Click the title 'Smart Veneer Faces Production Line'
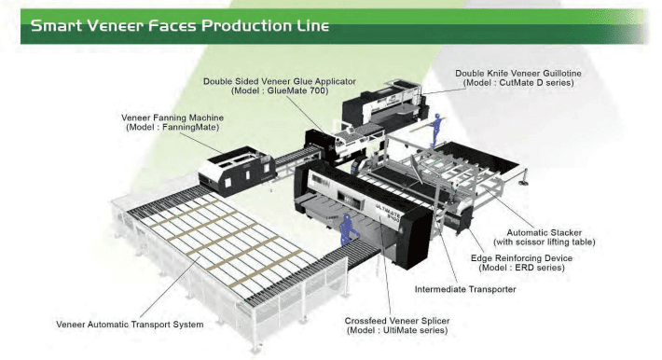coord(180,26)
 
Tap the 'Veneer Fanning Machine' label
coord(172,118)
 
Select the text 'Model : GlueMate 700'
coord(280,90)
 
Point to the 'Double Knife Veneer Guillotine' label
coord(518,73)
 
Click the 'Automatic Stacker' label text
coord(544,232)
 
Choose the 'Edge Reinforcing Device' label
coord(521,258)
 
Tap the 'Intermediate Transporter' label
coord(465,289)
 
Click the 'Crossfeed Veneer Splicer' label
coord(397,321)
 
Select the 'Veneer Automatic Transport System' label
coord(130,325)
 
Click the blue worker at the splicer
coord(348,229)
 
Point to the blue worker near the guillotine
coord(435,129)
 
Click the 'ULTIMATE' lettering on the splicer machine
coord(388,207)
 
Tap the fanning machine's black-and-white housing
coord(238,171)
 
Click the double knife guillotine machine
coord(383,105)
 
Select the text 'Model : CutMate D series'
coord(518,83)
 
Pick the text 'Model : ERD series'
coord(522,268)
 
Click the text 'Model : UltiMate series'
coord(397,330)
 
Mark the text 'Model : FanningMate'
coord(172,127)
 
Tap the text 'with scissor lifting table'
coord(545,242)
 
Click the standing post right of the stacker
coord(525,177)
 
